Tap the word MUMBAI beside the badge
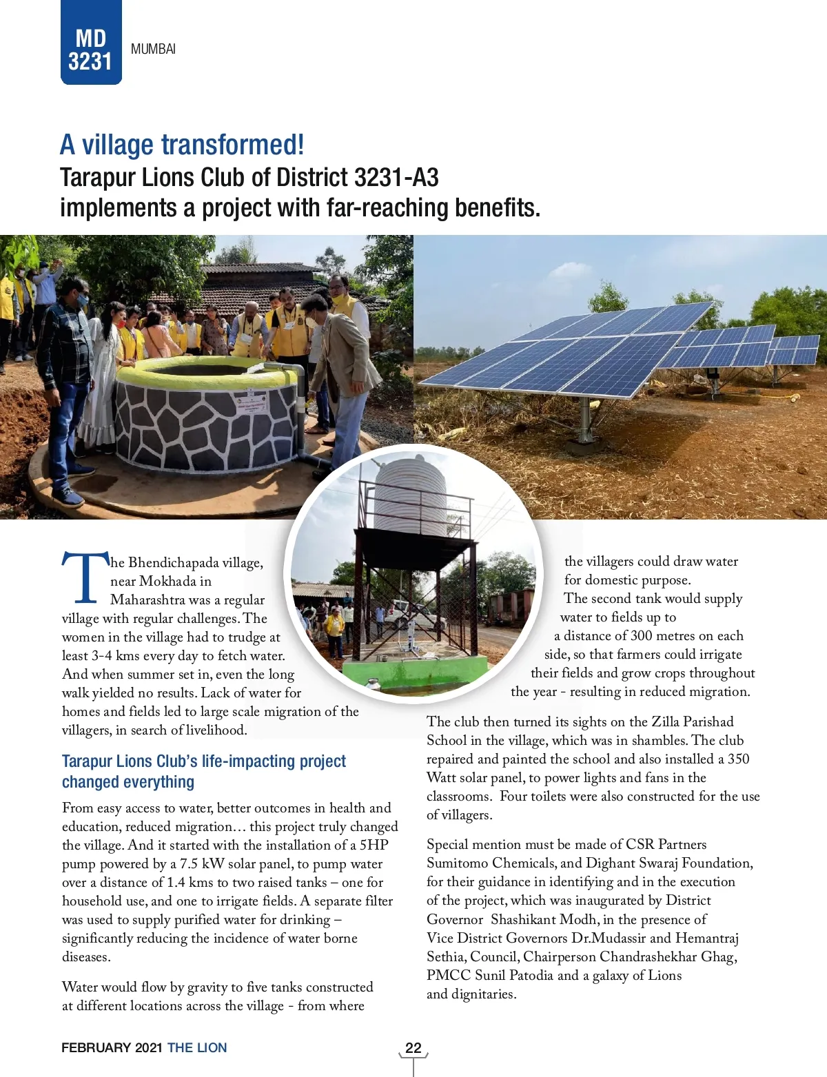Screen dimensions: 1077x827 (153, 49)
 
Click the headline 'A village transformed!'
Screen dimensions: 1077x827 (182, 145)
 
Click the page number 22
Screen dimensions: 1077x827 (413, 1048)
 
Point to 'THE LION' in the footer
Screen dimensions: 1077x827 (197, 1048)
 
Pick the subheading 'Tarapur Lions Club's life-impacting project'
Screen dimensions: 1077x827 (204, 761)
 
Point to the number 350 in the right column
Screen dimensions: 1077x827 (738, 759)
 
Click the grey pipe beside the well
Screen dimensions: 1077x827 (301, 413)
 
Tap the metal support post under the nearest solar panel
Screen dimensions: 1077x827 (585, 420)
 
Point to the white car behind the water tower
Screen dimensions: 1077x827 (407, 612)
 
